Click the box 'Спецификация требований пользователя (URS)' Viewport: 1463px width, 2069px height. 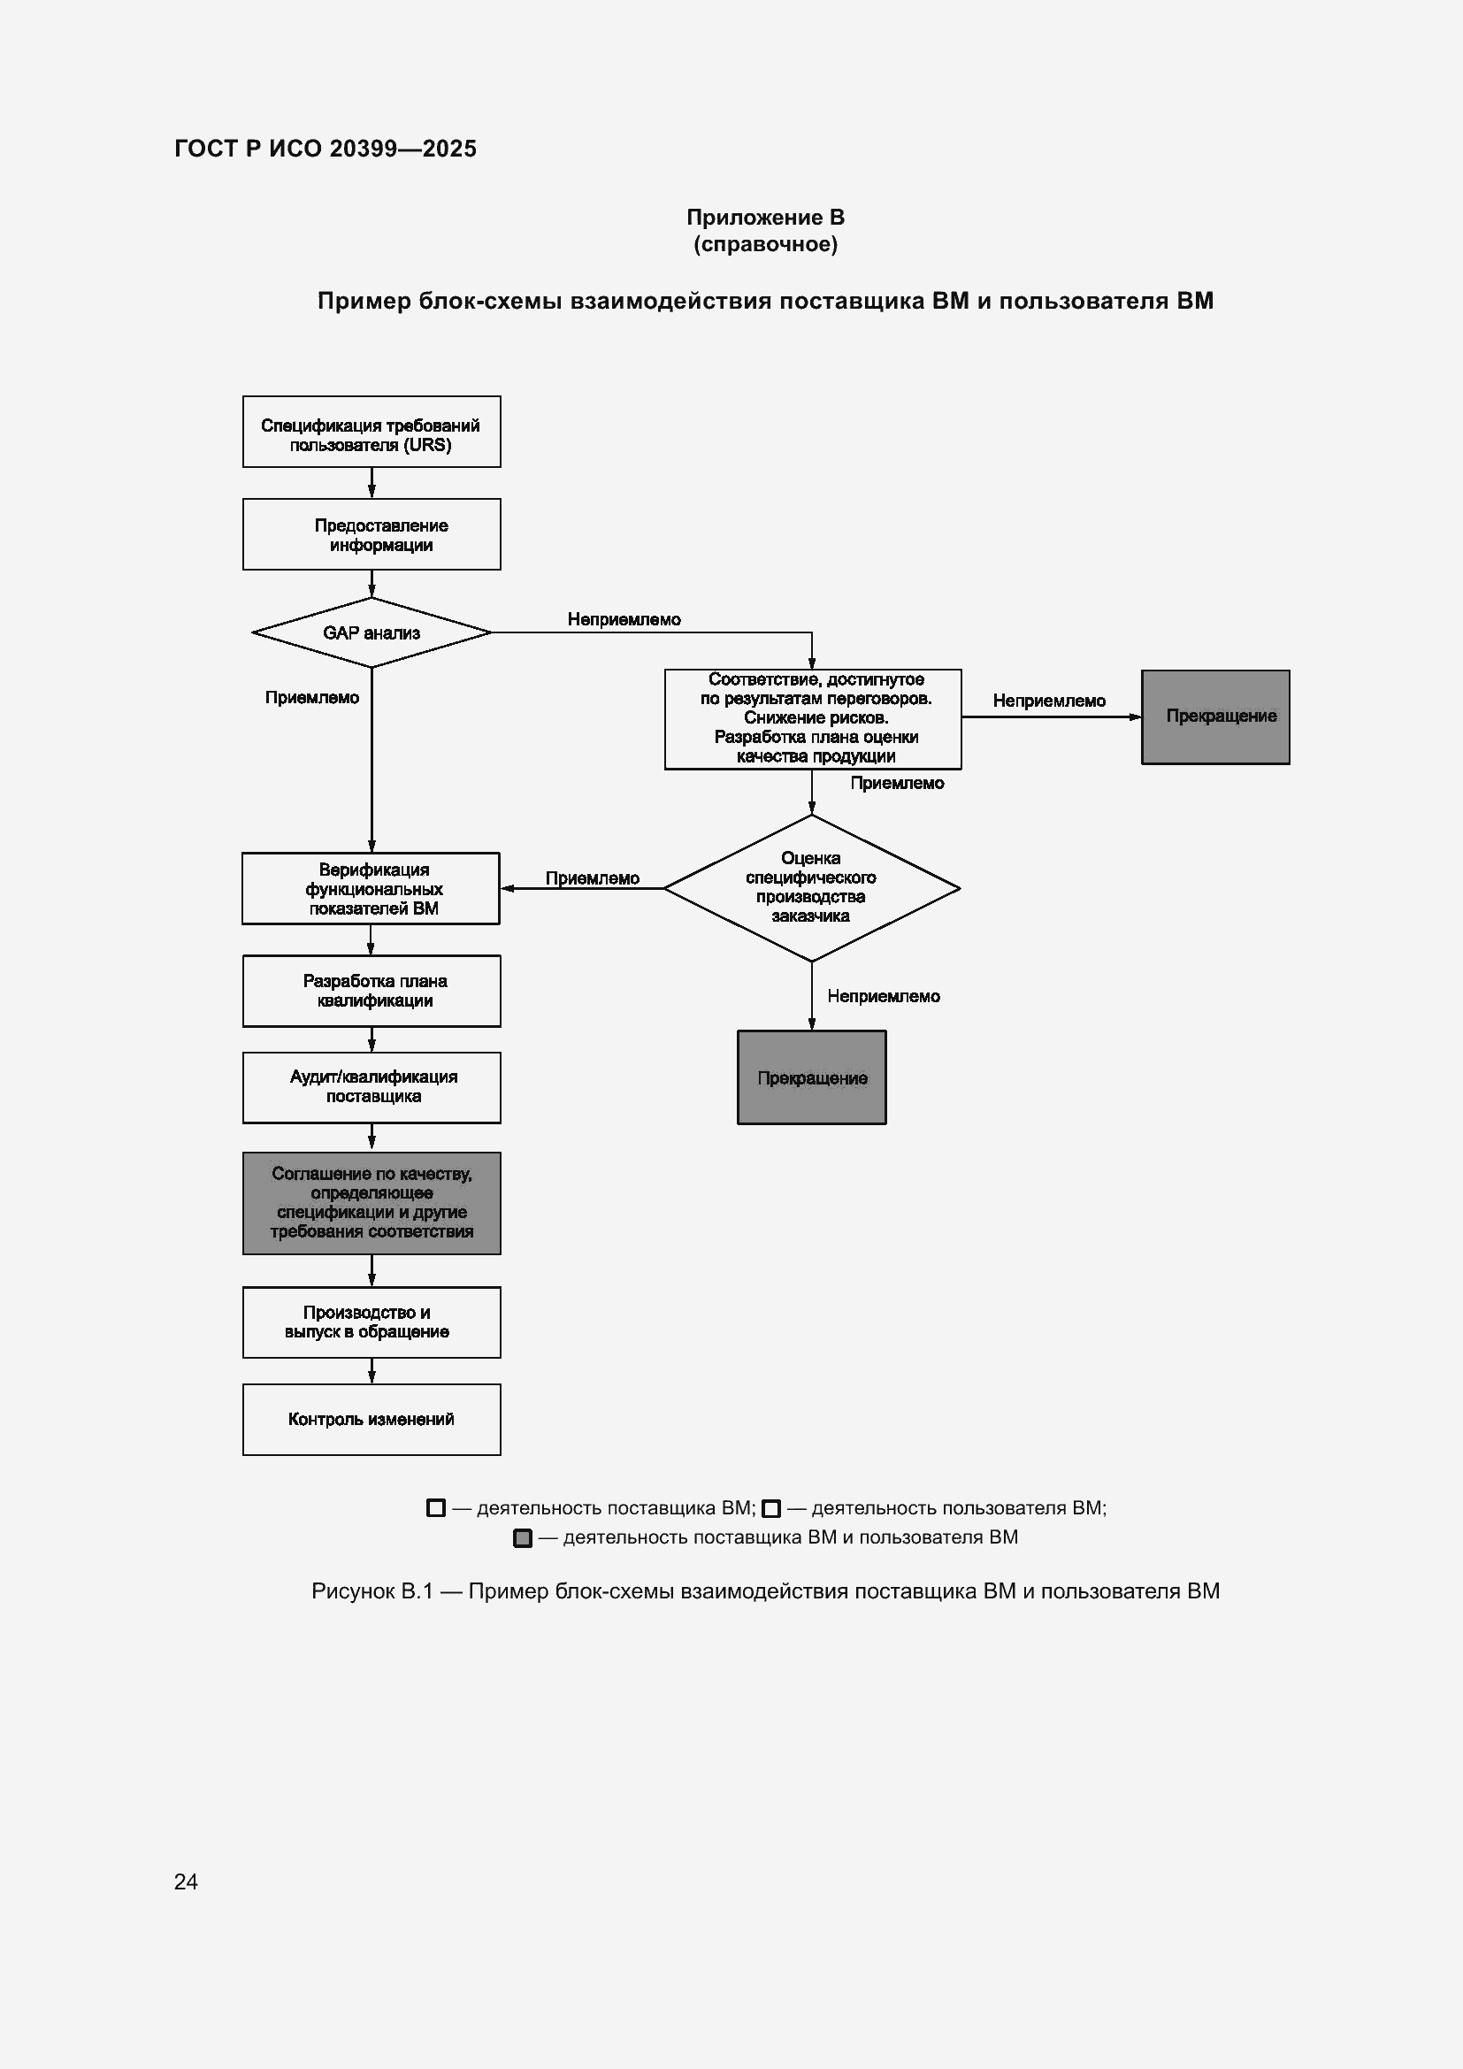point(371,432)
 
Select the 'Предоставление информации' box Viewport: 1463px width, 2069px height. point(371,534)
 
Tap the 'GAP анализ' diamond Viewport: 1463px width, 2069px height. point(371,632)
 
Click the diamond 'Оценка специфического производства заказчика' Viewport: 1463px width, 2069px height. point(812,888)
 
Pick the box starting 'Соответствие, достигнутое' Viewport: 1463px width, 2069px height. point(813,719)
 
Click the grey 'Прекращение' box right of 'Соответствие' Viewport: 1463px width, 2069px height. point(1215,717)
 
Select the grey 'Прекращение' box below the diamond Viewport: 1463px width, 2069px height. point(812,1077)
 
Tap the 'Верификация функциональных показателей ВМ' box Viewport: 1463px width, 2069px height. point(371,888)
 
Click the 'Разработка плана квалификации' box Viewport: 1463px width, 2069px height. point(371,992)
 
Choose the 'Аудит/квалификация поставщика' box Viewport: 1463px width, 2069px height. point(371,1088)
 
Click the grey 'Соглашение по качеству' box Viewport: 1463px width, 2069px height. point(371,1203)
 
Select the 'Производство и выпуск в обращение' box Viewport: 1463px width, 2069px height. point(371,1322)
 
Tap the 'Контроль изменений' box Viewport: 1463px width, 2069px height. point(371,1419)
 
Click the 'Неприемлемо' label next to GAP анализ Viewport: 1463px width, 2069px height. point(624,619)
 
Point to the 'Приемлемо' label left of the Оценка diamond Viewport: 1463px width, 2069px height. point(593,878)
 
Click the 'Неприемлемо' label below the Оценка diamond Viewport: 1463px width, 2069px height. point(884,996)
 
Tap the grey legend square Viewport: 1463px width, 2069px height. point(523,1538)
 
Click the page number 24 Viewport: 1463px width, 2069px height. point(186,1881)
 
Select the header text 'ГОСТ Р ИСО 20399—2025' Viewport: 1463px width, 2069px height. point(326,149)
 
